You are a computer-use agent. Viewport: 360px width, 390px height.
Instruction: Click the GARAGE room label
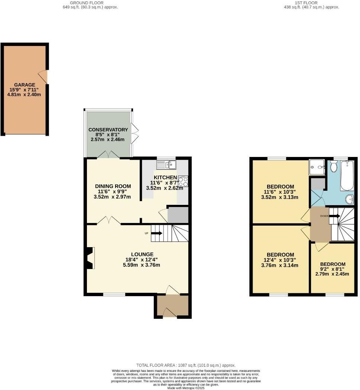click(25, 85)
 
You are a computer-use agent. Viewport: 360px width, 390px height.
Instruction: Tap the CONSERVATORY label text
click(108, 130)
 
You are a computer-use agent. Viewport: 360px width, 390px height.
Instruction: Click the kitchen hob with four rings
click(183, 181)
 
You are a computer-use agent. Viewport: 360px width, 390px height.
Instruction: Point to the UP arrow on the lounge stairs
click(156, 233)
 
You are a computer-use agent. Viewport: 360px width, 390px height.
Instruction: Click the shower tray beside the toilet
click(317, 168)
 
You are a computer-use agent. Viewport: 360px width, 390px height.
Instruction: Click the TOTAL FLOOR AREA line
click(186, 365)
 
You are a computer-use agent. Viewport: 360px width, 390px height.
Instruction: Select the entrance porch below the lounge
click(172, 307)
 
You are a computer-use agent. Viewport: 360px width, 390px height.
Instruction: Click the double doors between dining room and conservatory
click(109, 155)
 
